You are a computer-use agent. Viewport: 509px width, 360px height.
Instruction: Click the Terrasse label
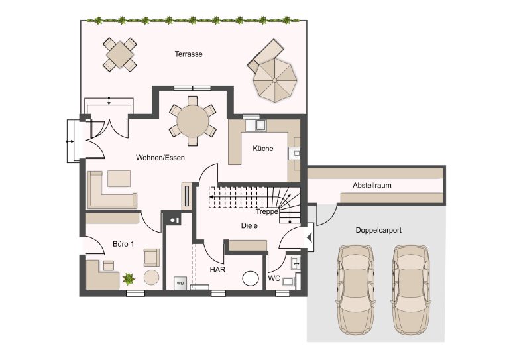click(x=188, y=54)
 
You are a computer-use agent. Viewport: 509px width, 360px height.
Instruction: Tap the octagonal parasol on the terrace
click(x=274, y=80)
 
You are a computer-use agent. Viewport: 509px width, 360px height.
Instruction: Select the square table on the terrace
click(x=120, y=54)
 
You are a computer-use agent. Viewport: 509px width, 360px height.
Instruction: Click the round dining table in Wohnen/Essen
click(x=192, y=121)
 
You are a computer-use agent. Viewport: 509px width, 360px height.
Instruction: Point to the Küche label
click(x=263, y=149)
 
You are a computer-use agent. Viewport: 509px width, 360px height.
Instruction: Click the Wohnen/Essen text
click(x=160, y=158)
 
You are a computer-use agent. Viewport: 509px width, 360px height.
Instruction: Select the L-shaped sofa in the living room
click(x=112, y=190)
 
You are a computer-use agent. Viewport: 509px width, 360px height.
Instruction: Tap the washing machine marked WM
click(x=180, y=283)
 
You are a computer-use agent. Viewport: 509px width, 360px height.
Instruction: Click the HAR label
click(x=217, y=270)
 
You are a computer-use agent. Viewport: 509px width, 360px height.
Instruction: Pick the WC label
click(x=274, y=278)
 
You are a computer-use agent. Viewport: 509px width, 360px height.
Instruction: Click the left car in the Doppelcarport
click(x=355, y=290)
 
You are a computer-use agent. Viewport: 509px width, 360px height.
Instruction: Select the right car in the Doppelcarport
click(x=412, y=290)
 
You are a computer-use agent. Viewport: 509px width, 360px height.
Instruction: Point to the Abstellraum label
click(x=372, y=186)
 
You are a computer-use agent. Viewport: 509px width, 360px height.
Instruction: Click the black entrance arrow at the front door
click(x=310, y=237)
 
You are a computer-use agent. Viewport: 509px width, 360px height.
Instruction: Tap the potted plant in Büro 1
click(x=129, y=279)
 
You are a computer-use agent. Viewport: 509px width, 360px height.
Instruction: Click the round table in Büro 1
click(x=152, y=278)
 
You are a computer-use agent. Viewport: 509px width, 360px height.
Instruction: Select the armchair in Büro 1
click(x=152, y=257)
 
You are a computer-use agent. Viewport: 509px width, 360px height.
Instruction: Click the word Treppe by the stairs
click(x=267, y=211)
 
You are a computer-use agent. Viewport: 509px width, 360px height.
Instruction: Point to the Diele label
click(x=249, y=225)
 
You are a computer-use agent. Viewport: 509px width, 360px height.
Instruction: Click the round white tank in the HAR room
click(x=251, y=278)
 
